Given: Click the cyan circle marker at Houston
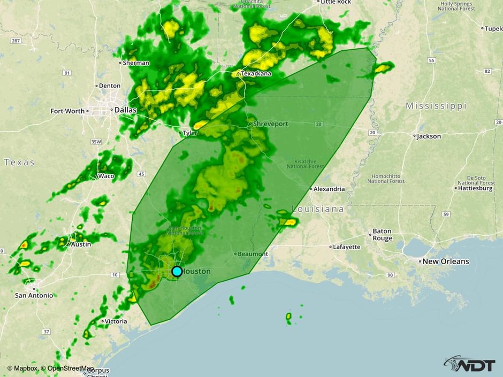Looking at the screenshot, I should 177,271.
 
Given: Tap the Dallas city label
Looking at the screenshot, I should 126,110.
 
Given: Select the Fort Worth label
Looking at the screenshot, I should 67,111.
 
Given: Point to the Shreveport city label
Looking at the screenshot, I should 271,124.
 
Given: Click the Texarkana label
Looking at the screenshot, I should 256,73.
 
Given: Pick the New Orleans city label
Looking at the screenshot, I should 445,261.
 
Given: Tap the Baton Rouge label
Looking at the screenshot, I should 382,235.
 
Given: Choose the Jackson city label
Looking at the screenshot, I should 429,136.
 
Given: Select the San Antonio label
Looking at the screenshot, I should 34,295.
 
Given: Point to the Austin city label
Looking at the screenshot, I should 81,244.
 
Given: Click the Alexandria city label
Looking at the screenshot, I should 329,189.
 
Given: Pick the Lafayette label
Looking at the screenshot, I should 347,247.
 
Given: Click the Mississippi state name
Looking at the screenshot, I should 436,106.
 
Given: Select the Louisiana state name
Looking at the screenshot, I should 318,209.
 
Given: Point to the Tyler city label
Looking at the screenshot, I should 190,133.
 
